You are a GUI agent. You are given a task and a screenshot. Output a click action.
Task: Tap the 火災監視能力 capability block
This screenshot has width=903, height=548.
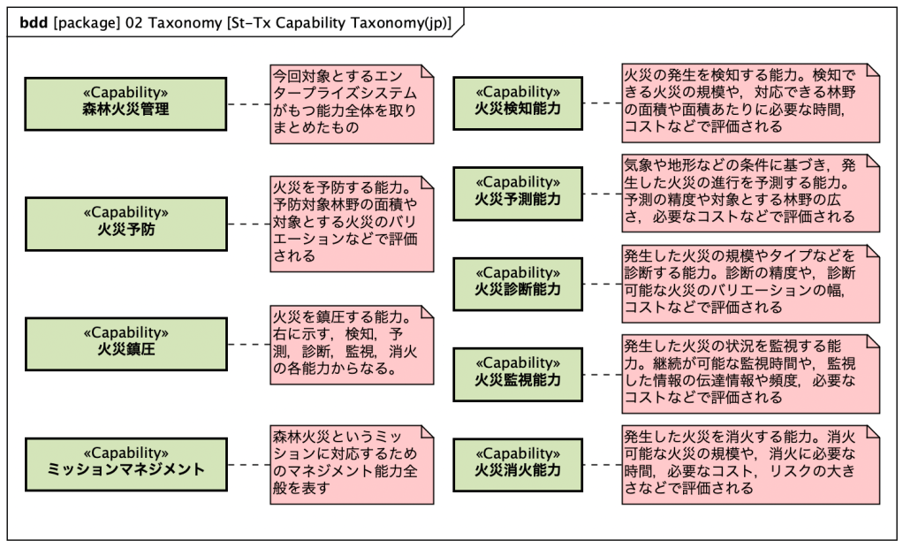click(518, 372)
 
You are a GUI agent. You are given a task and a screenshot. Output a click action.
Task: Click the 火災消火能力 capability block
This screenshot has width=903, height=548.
click(518, 462)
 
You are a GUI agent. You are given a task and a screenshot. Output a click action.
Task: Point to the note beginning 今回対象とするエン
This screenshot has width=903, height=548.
click(352, 103)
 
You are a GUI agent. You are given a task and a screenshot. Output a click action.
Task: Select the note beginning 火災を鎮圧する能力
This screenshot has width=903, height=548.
click(352, 343)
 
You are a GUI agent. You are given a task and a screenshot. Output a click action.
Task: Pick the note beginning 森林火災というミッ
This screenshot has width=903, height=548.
click(352, 463)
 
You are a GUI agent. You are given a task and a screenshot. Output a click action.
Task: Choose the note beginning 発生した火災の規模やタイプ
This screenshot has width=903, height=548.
click(750, 283)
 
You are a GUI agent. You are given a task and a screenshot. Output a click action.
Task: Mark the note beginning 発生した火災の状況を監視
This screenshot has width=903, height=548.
click(750, 373)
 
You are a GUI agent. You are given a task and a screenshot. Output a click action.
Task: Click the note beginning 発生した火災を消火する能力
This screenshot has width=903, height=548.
click(750, 463)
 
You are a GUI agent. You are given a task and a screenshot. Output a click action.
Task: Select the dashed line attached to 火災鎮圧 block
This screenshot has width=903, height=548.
click(248, 344)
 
